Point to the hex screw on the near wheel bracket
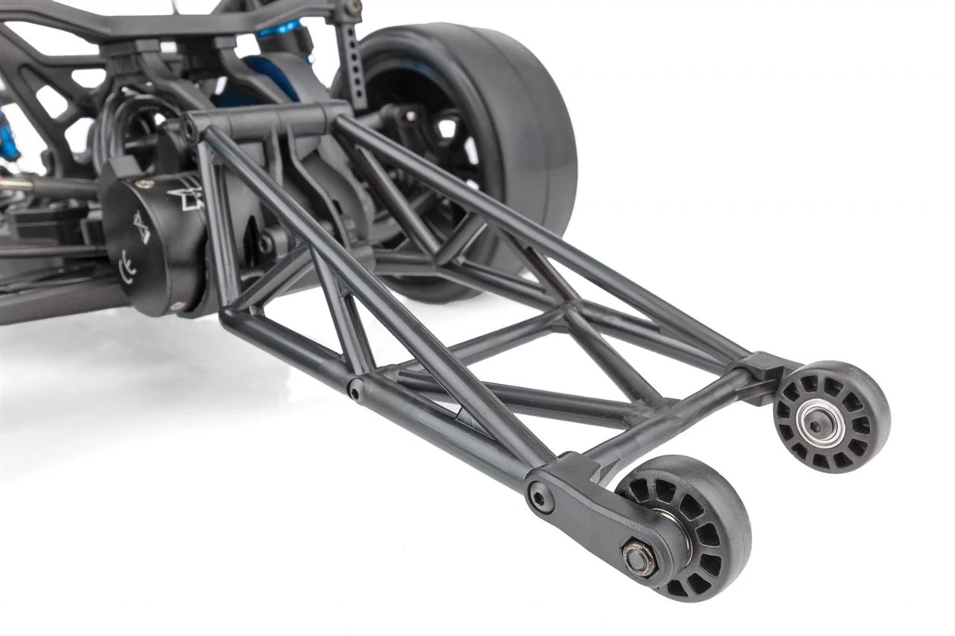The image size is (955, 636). coord(541,499)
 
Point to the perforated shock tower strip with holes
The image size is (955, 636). coord(351,64)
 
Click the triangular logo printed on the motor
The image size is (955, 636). coord(142,226)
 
